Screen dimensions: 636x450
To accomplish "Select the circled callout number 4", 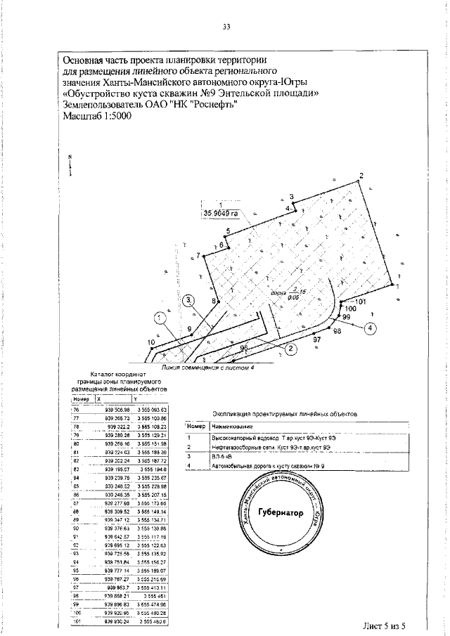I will (x=371, y=326).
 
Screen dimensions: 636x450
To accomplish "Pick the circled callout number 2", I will (x=289, y=346).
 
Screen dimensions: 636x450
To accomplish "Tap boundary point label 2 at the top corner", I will (x=361, y=175).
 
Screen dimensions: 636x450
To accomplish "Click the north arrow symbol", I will (x=70, y=166).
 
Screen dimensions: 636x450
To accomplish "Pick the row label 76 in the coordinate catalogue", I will (x=77, y=408).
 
